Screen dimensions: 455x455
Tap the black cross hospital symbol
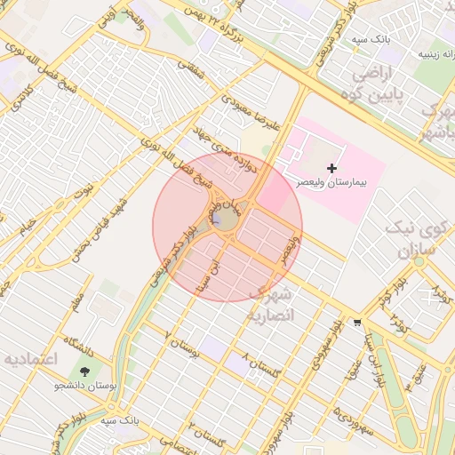tap(332, 167)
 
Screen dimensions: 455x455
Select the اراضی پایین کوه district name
tap(387, 83)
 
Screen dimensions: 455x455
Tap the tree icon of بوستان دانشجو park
tap(85, 371)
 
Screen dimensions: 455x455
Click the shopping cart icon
tap(357, 322)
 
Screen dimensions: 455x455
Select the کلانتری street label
tap(20, 100)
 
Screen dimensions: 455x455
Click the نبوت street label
tap(84, 189)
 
